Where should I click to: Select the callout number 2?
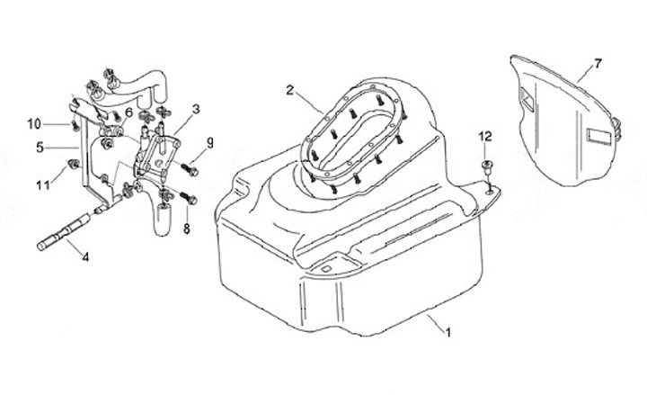tap(290, 89)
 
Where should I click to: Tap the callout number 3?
tap(196, 108)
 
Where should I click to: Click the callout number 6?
tap(129, 112)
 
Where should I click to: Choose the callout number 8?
tap(187, 229)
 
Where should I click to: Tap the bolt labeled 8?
tap(188, 197)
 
